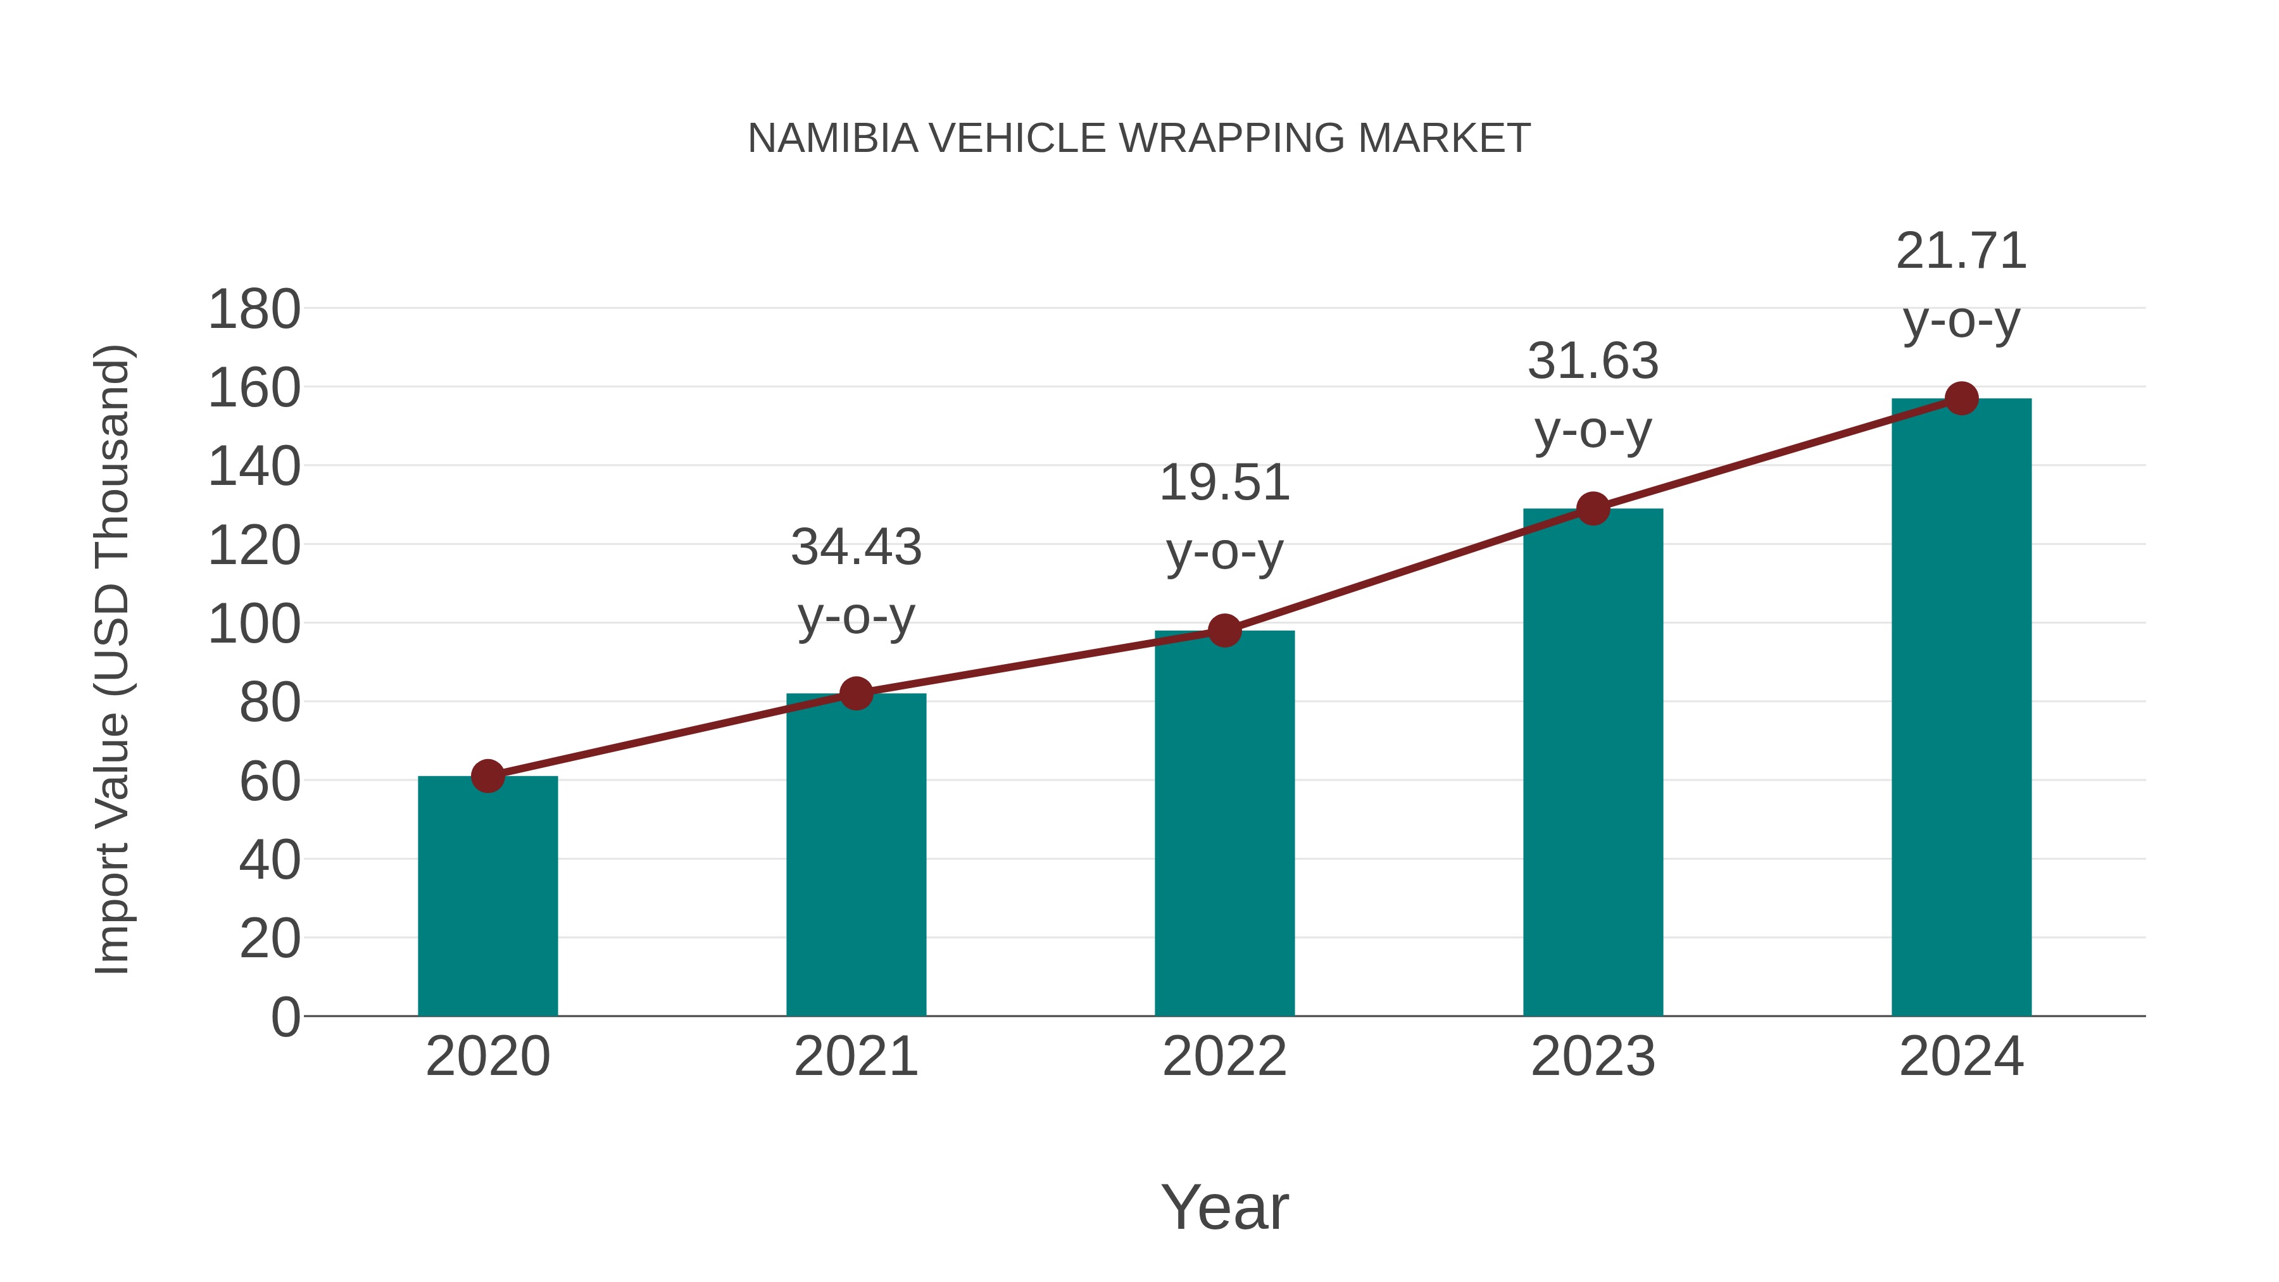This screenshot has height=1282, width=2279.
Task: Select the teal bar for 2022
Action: [1224, 823]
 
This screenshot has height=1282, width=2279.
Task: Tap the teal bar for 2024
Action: [1961, 708]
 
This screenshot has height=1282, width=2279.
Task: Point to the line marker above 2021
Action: [857, 694]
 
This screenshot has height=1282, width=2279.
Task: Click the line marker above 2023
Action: [1593, 509]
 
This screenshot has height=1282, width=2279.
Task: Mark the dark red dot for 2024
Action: [1961, 399]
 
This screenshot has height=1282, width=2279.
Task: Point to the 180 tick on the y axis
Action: [254, 311]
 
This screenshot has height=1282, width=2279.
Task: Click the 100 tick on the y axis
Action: [254, 625]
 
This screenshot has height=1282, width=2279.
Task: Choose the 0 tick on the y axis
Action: [285, 1017]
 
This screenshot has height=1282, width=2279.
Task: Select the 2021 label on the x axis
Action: [857, 1057]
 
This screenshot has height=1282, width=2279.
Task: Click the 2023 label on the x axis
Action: [1593, 1057]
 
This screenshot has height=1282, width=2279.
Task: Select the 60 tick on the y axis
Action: [270, 782]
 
